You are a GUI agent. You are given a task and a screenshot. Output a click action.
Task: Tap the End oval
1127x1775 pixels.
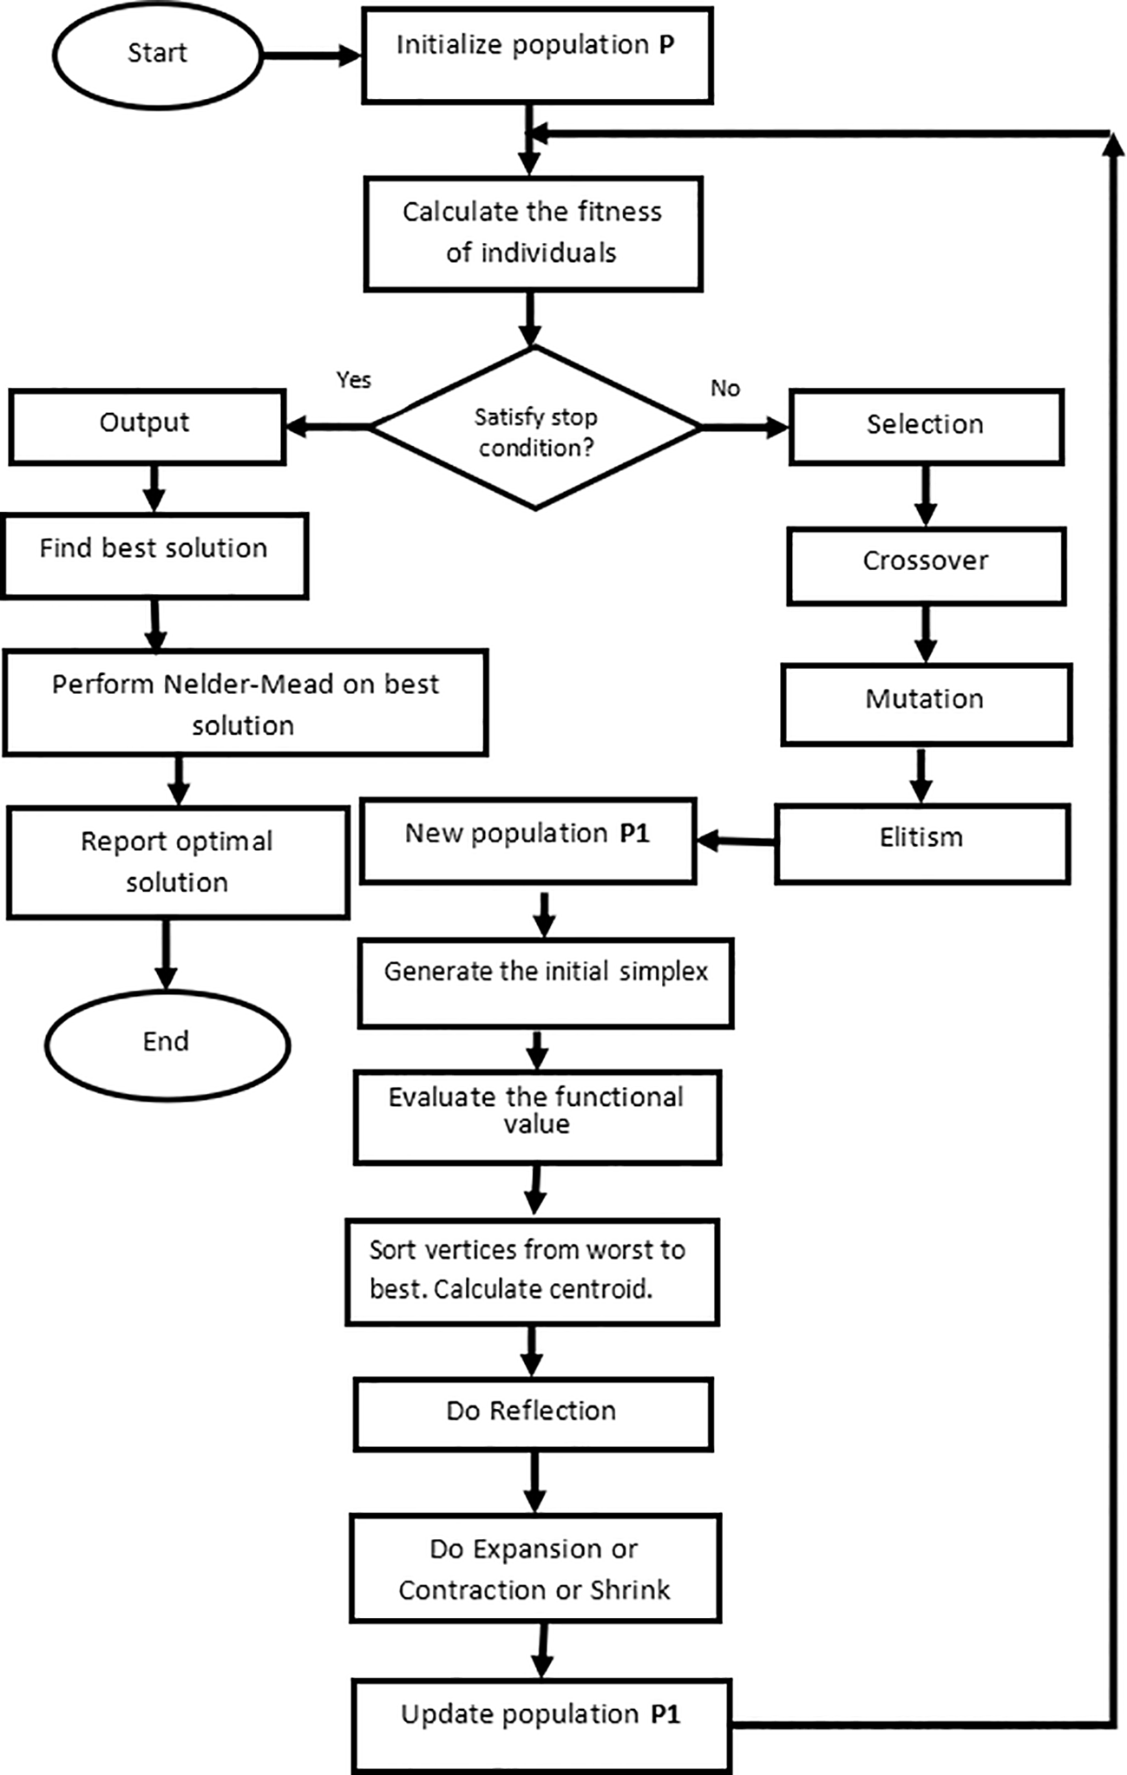pos(167,1045)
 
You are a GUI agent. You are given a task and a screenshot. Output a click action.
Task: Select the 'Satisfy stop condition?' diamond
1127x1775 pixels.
pos(535,428)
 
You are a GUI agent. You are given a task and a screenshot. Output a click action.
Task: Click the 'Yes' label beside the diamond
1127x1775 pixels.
pos(353,380)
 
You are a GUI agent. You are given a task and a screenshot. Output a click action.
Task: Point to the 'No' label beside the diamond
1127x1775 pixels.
pos(725,388)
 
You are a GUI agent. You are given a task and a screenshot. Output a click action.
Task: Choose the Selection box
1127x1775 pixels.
pos(926,427)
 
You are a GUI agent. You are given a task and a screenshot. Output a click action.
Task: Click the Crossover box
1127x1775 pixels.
pos(926,565)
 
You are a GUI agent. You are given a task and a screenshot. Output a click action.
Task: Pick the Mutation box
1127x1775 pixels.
pos(926,704)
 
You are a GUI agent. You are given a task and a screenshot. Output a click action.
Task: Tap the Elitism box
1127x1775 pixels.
pos(922,842)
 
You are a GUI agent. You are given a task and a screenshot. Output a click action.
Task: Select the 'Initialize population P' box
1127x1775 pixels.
pos(537,56)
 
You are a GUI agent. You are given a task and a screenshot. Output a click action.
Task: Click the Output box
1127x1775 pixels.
pos(147,427)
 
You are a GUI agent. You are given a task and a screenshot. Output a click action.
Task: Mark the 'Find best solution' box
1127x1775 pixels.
pos(154,555)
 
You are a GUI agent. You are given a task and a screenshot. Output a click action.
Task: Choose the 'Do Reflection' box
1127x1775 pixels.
pos(533,1414)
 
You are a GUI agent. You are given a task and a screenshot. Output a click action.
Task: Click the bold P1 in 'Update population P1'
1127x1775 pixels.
pos(665,1714)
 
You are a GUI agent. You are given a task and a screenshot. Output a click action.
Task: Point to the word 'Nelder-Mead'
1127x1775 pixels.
pos(248,684)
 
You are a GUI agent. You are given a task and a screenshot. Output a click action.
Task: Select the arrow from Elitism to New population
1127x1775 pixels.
pos(736,841)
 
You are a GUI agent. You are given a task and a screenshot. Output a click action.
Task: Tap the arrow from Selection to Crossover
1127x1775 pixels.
pos(926,495)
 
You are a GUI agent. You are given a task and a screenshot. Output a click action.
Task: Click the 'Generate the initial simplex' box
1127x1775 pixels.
pos(546,982)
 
